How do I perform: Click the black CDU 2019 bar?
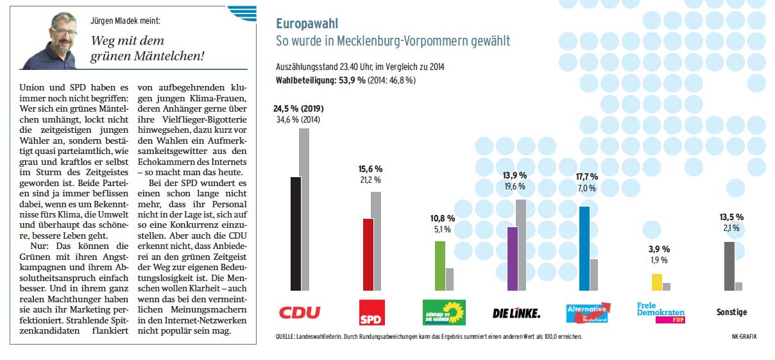tap(296, 234)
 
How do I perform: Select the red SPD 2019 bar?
tap(368, 255)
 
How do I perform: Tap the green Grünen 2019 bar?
tap(440, 266)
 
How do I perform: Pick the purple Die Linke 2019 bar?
tap(513, 259)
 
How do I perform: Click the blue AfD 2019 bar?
tap(584, 248)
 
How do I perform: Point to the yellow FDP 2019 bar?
tap(657, 282)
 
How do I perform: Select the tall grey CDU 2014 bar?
tap(305, 209)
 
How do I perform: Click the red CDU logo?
tap(300, 313)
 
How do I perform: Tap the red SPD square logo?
tap(372, 313)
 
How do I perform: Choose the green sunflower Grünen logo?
tap(444, 313)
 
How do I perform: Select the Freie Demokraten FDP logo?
tap(660, 312)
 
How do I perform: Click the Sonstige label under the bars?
tap(731, 313)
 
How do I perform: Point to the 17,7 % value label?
tap(586, 176)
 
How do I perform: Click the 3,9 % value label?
tap(658, 249)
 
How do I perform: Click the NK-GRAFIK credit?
tap(744, 336)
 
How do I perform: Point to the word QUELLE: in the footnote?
tap(285, 336)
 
